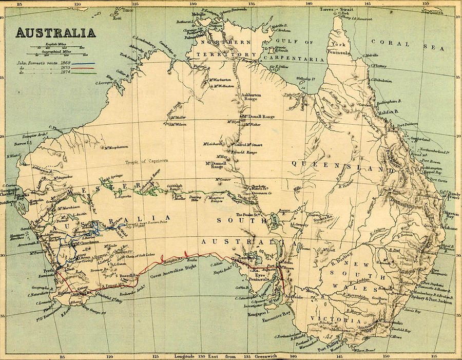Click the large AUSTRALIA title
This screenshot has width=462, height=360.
[x=55, y=33]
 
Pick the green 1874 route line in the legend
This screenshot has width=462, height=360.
[x=76, y=72]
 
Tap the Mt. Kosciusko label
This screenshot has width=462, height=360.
[x=390, y=322]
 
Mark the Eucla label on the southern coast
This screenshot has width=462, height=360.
[x=193, y=254]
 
